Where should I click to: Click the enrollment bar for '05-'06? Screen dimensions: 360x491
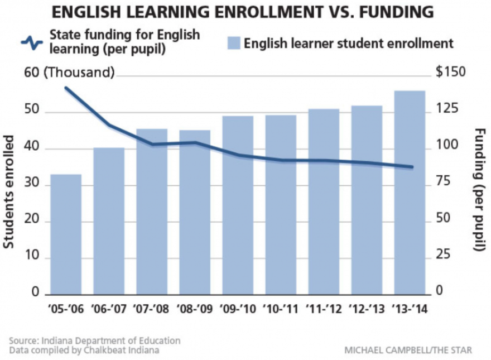pos(66,234)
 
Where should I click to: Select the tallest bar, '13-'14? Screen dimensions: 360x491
pos(410,193)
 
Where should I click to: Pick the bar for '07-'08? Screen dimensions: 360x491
pos(152,212)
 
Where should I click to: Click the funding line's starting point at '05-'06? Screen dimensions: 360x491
pos(66,88)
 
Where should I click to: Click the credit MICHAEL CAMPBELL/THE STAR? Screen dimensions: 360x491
pos(408,350)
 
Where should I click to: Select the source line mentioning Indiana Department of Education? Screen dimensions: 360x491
pos(95,340)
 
